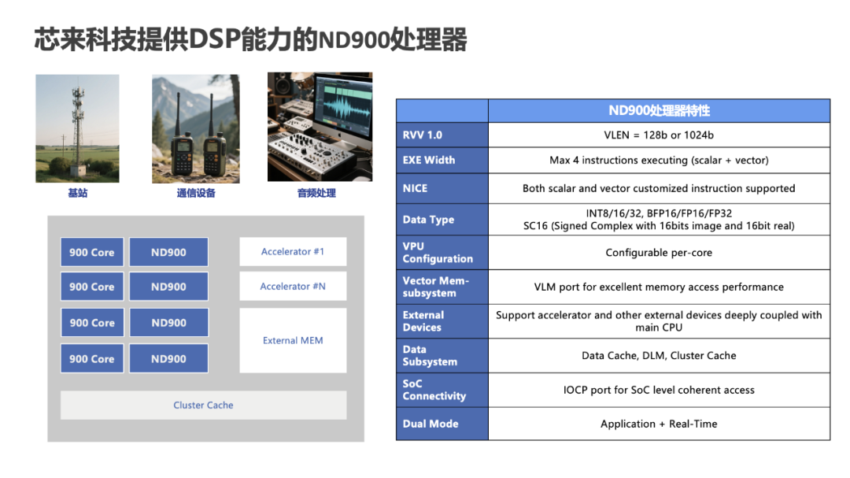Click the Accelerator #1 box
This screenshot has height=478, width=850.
pos(293,252)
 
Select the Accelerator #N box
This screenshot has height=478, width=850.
pos(293,287)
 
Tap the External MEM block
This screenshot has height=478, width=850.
pos(293,340)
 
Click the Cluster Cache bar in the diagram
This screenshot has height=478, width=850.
pos(203,406)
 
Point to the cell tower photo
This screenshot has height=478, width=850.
pos(77,128)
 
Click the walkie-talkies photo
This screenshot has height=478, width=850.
pos(196,129)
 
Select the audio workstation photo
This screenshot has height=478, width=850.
pos(320,127)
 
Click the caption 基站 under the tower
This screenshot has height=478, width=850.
pos(77,193)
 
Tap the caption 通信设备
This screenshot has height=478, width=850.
pos(196,193)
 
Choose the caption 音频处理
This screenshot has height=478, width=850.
pos(316,193)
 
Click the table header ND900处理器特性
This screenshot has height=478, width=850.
pos(660,111)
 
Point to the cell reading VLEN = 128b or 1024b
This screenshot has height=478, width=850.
pos(660,135)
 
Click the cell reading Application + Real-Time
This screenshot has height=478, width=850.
pos(660,424)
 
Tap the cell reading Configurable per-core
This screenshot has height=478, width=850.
pos(660,252)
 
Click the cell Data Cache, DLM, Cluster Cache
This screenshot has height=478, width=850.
pos(660,355)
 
